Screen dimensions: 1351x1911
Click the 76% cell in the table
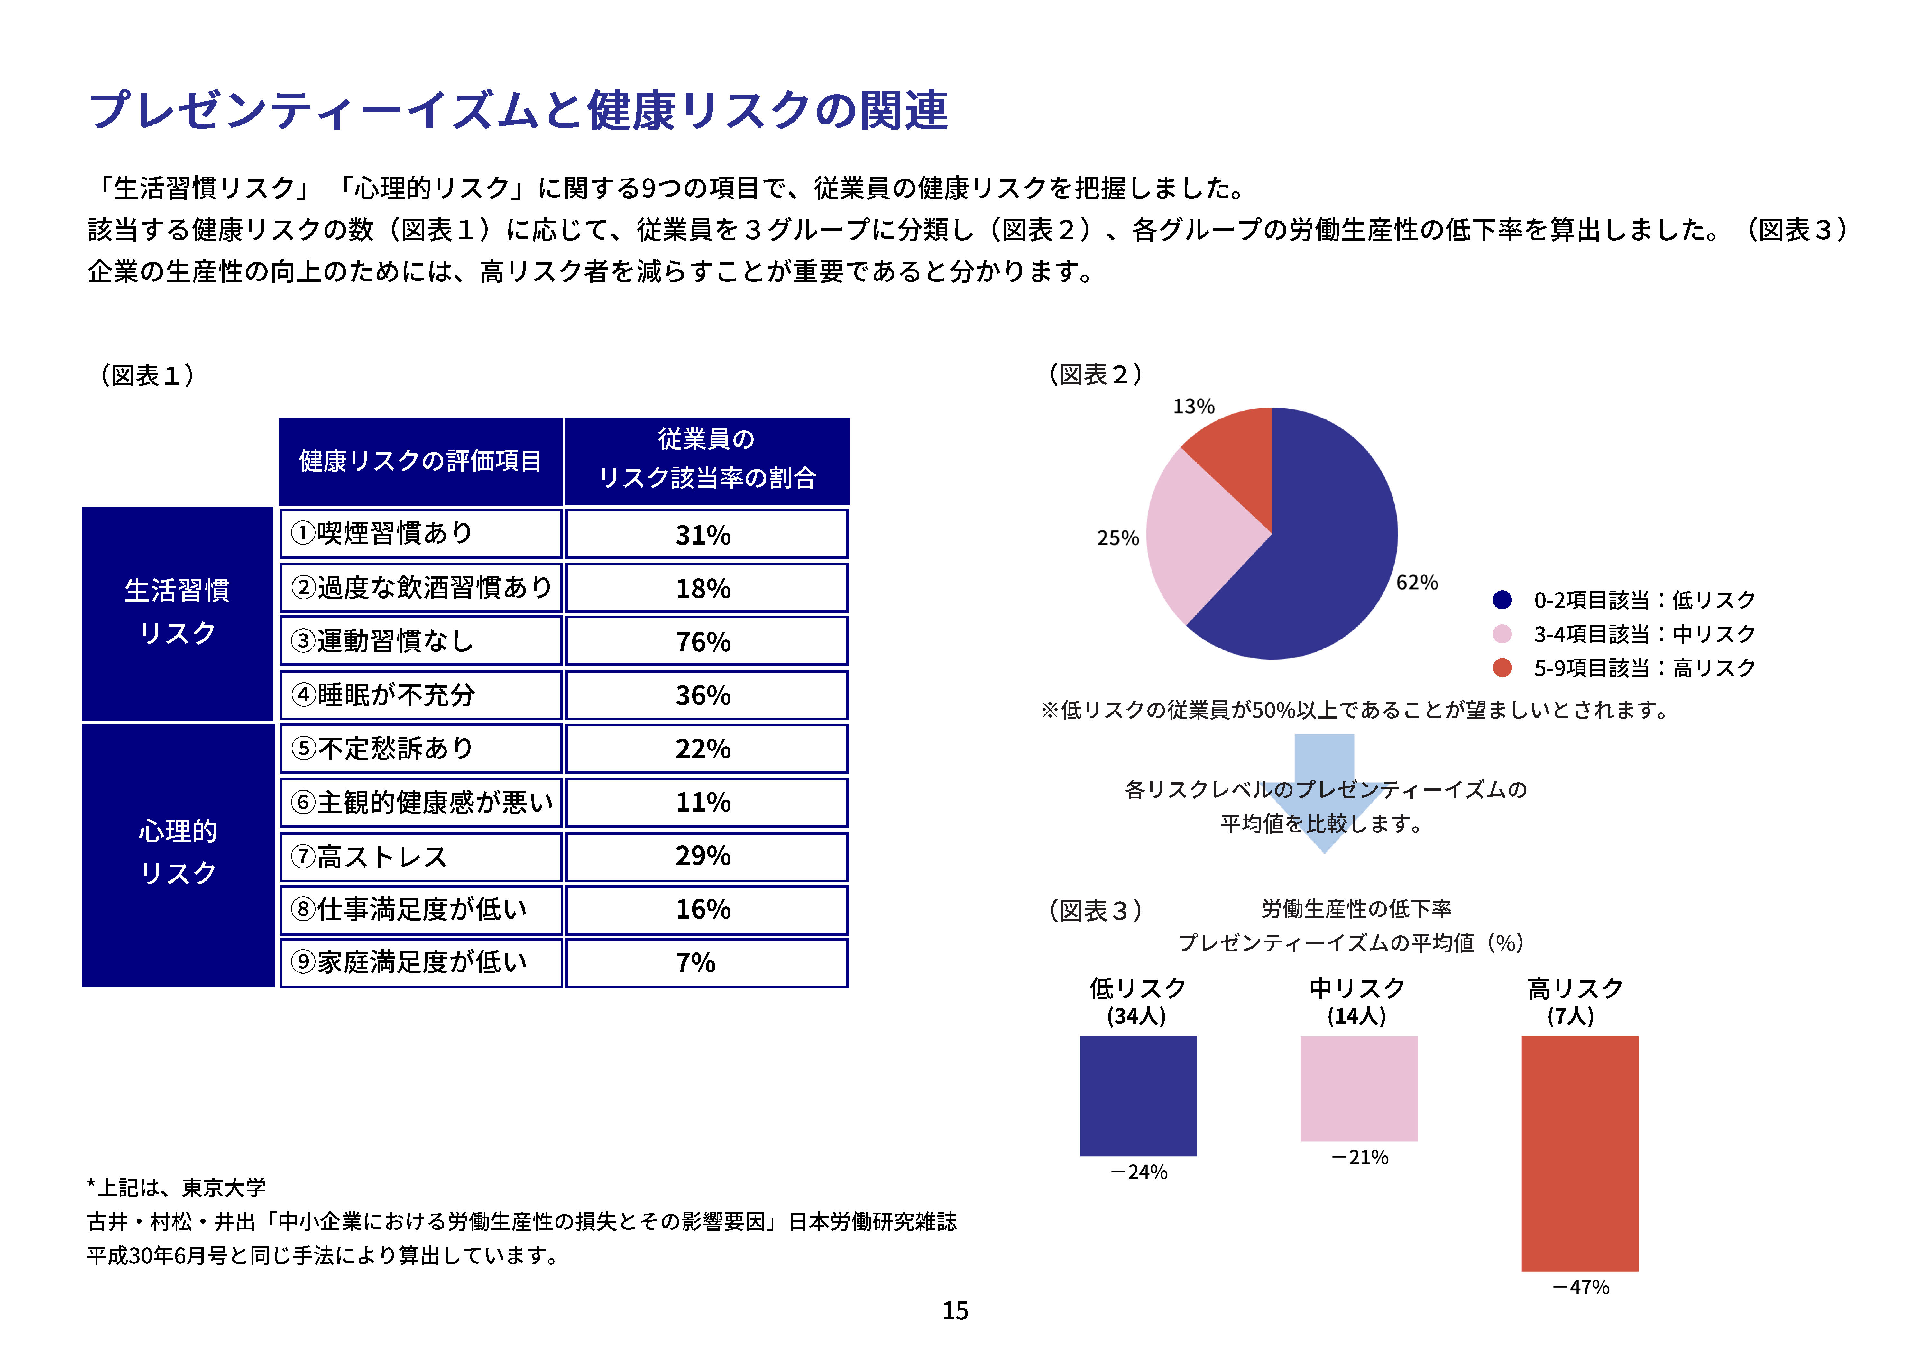(706, 641)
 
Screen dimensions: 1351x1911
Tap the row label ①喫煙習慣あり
(420, 534)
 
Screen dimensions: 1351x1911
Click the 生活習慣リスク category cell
(177, 613)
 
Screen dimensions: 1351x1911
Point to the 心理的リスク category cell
(177, 854)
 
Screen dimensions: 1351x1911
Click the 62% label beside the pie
(1417, 583)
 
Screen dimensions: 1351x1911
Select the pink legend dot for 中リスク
(1502, 634)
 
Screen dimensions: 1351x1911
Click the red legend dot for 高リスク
(1502, 667)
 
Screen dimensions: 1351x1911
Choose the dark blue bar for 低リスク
(1138, 1096)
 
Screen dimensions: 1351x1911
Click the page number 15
(955, 1311)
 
